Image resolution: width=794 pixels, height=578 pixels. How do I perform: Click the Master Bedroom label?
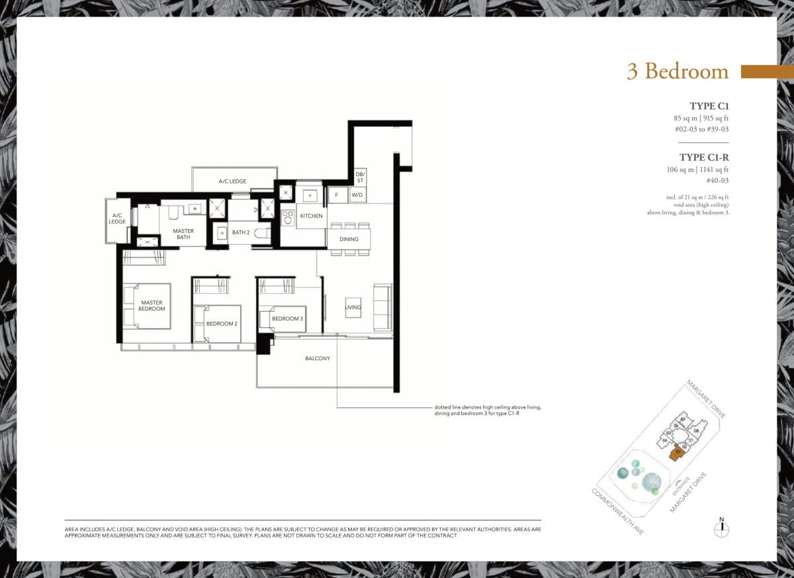point(152,305)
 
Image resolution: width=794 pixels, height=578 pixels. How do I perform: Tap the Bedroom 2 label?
point(222,324)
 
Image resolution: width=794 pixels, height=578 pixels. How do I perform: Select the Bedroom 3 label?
point(287,319)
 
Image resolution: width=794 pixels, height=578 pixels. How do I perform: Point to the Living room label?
point(353,307)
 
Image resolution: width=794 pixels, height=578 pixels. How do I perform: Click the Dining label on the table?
point(349,239)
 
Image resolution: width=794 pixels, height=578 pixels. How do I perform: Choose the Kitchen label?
point(312,217)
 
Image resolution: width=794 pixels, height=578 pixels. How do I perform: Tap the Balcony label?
point(318,359)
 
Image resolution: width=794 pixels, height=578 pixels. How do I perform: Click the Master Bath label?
point(183,235)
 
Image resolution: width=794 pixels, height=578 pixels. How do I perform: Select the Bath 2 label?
point(240,232)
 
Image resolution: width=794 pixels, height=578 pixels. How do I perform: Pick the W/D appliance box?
point(357,195)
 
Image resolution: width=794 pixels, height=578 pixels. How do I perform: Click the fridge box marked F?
point(337,195)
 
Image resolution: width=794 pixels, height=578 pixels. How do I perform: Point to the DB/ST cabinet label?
point(360,176)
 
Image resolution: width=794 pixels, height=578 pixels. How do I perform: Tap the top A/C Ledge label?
point(233,181)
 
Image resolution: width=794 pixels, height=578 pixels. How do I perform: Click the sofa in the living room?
point(382,307)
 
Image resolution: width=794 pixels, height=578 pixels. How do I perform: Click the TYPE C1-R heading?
point(704,158)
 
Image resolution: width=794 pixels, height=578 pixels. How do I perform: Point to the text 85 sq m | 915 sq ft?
point(700,118)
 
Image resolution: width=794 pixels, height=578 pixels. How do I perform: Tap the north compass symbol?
point(722,528)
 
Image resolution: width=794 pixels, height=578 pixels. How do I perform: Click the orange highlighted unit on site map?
point(676,454)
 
